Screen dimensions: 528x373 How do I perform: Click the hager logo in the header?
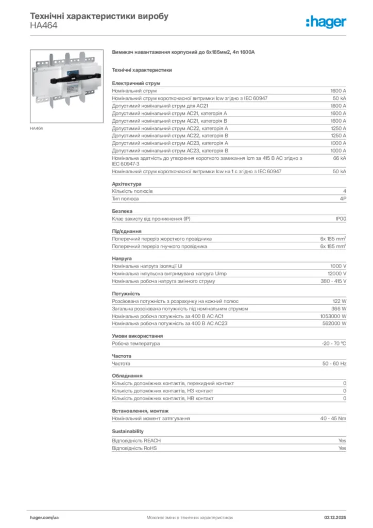(x=326, y=22)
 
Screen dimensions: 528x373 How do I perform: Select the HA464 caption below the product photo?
(x=36, y=128)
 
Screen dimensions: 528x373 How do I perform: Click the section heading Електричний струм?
(x=136, y=83)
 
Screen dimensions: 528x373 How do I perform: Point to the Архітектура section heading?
(x=127, y=184)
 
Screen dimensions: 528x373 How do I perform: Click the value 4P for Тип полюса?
(x=343, y=199)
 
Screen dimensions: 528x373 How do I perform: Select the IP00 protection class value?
(x=341, y=219)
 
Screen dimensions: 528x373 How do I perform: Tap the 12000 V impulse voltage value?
(x=337, y=274)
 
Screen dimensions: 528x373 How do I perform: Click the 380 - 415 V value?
(x=333, y=281)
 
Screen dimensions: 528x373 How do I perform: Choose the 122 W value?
(x=339, y=301)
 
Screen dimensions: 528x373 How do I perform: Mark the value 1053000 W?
(x=333, y=316)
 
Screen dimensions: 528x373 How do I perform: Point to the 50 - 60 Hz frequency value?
(x=334, y=364)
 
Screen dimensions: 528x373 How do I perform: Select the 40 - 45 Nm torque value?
(x=333, y=418)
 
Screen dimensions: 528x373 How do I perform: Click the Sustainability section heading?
(x=128, y=431)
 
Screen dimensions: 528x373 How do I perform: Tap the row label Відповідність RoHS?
(x=134, y=448)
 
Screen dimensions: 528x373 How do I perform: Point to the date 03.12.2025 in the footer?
(x=335, y=517)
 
